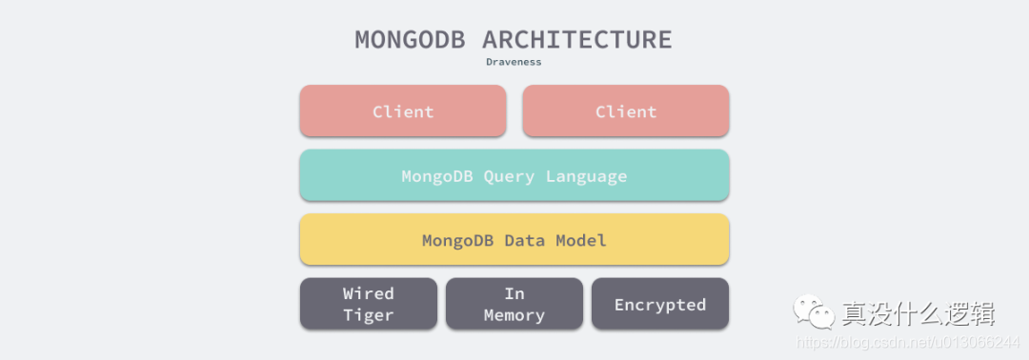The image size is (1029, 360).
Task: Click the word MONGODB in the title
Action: pos(410,39)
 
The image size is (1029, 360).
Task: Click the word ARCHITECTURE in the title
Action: pos(576,39)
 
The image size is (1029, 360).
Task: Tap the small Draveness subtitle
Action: pos(514,62)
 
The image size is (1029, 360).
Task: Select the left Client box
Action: pos(403,110)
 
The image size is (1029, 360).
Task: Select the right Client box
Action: pos(626,110)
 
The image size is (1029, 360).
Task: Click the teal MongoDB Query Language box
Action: pos(514,175)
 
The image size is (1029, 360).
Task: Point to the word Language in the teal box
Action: pos(587,176)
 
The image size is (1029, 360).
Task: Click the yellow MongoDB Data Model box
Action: pos(514,239)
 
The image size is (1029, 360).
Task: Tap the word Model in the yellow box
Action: pos(581,240)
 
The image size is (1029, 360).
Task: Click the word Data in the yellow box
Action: pos(524,240)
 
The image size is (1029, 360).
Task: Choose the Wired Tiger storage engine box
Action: pos(368,304)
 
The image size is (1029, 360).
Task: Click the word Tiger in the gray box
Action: pos(368,315)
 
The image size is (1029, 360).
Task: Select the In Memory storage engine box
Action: pos(514,304)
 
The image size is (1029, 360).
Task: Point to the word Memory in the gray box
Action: pos(514,315)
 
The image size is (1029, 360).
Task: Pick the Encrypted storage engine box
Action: pos(660,304)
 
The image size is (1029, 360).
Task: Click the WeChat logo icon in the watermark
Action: pos(814,310)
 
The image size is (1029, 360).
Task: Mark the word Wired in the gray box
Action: pos(368,292)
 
